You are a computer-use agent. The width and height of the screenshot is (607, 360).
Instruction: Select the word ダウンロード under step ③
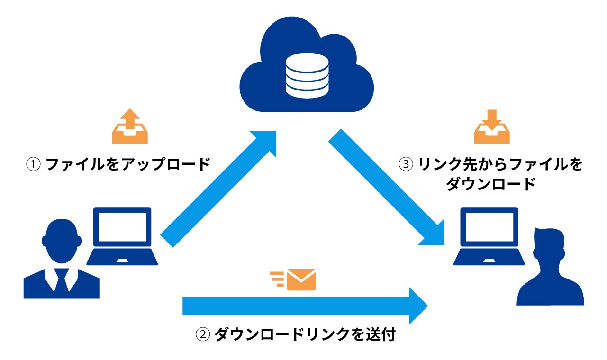pyautogui.click(x=490, y=184)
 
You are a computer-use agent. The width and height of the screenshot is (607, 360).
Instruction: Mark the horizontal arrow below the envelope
pyautogui.click(x=303, y=306)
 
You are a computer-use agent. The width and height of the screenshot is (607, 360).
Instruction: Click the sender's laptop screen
pyautogui.click(x=122, y=227)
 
